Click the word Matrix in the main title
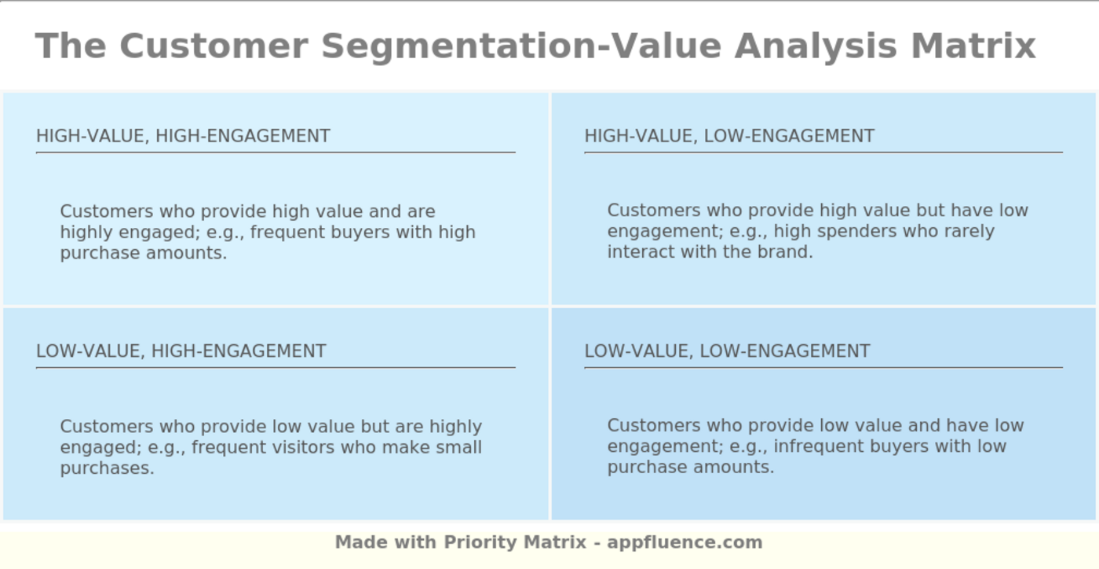[973, 46]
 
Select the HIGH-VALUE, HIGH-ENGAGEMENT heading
[183, 136]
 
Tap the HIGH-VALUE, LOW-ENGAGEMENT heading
[729, 136]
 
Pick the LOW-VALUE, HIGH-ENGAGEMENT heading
[181, 351]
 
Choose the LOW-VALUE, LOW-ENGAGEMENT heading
[727, 351]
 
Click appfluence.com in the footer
[685, 542]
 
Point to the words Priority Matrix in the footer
[515, 542]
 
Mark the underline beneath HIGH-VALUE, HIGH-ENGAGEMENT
[275, 152]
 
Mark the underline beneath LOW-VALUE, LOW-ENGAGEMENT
[823, 367]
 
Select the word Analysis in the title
[816, 46]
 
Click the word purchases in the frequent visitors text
[107, 468]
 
